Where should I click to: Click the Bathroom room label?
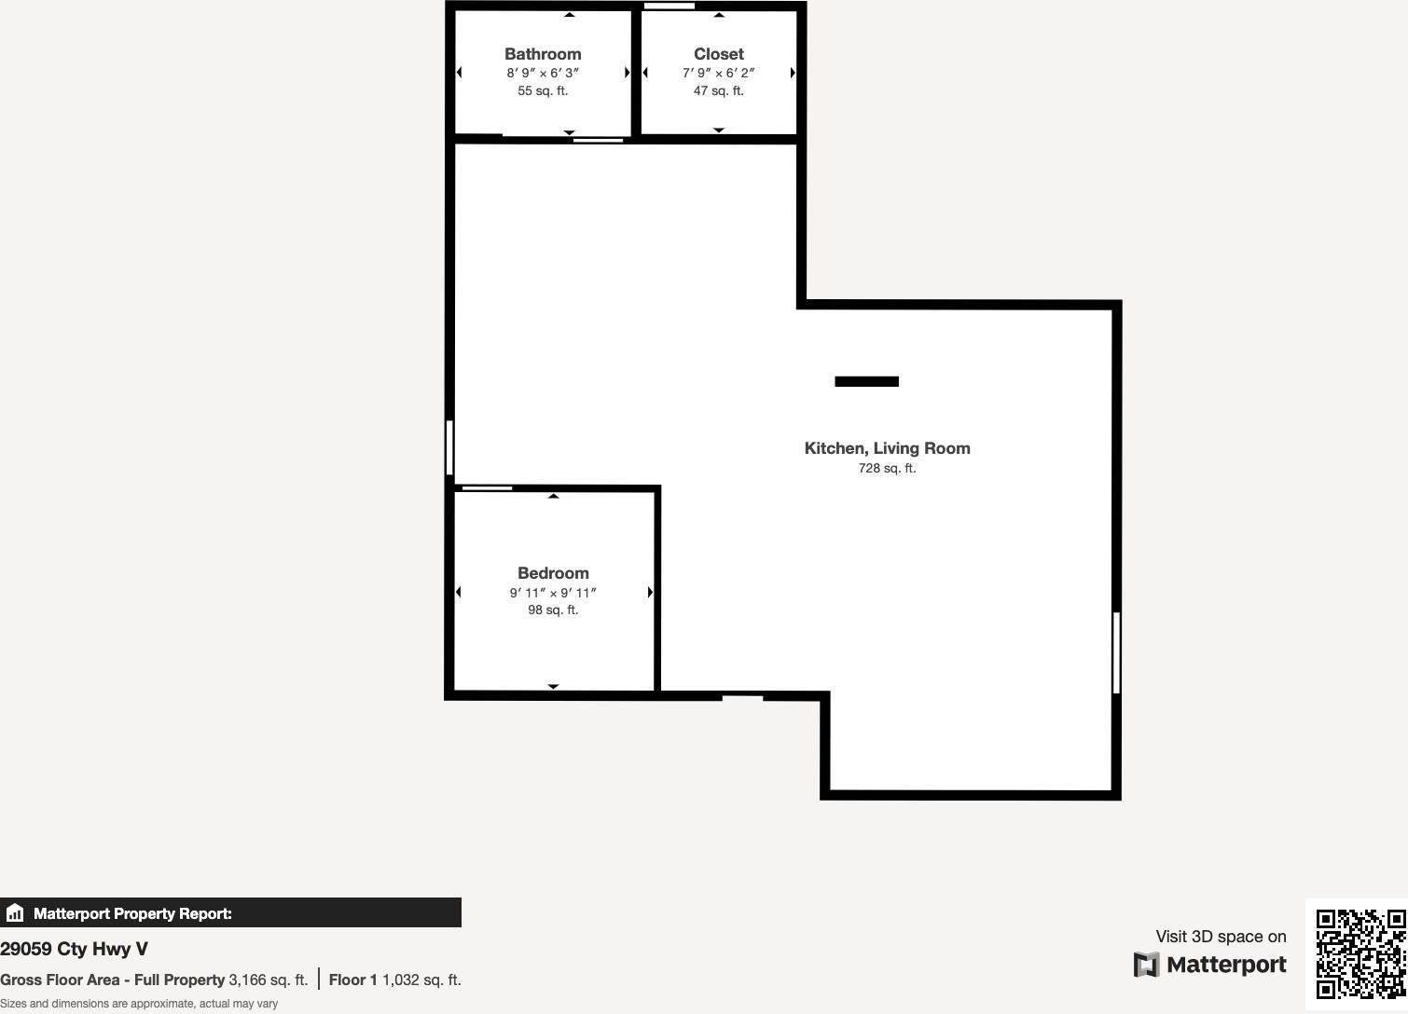click(x=543, y=54)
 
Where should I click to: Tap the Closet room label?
click(x=718, y=54)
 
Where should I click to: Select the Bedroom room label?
click(x=553, y=573)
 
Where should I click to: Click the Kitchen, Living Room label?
click(x=887, y=448)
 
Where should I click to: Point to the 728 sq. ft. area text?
click(x=887, y=468)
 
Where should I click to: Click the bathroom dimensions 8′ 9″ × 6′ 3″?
click(x=543, y=73)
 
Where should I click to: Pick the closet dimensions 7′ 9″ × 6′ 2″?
click(x=718, y=73)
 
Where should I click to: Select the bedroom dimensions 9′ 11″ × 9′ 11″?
click(x=553, y=593)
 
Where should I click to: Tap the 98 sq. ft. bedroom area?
click(x=553, y=610)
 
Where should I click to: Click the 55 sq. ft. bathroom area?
click(x=543, y=90)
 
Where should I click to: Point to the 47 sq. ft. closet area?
click(x=718, y=90)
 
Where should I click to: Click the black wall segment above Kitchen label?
click(x=866, y=381)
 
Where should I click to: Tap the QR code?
click(x=1360, y=953)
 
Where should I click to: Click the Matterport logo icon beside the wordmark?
click(x=1146, y=965)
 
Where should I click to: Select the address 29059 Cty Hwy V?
click(x=74, y=949)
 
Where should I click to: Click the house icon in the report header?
click(x=15, y=913)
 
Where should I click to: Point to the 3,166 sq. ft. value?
click(x=268, y=980)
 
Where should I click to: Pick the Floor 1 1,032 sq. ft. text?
click(x=394, y=980)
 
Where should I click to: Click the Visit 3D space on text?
click(x=1221, y=937)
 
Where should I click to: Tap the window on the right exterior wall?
click(x=1116, y=652)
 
